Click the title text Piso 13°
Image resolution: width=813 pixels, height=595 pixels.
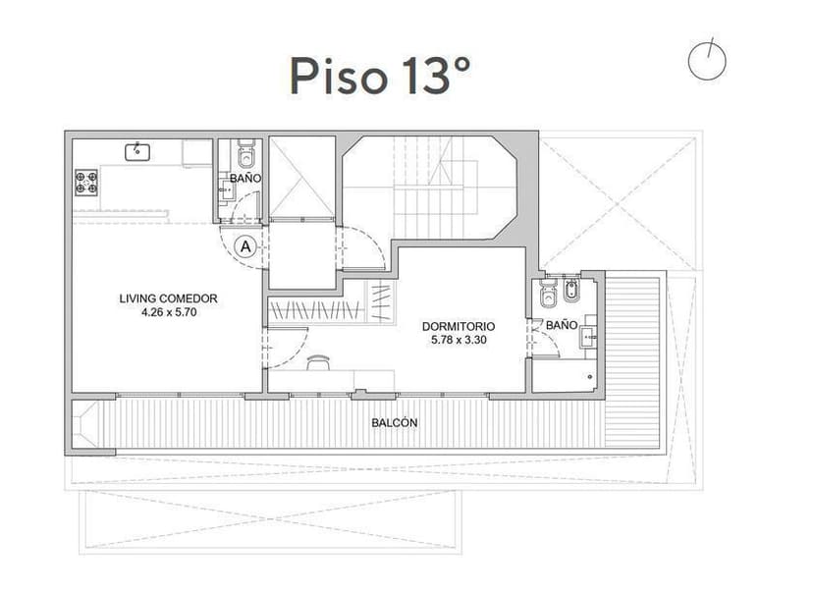[x=379, y=75]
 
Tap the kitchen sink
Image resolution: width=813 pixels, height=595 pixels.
[x=136, y=151]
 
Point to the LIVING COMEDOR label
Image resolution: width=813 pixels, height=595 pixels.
[x=168, y=298]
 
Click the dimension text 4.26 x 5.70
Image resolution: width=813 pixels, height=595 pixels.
[x=168, y=312]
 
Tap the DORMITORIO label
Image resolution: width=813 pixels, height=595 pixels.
[x=459, y=326]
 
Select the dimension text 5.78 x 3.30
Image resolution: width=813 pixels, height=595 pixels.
[x=459, y=340]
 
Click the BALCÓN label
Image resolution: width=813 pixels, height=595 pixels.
[x=395, y=423]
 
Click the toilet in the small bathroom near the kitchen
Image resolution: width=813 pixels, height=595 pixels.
[x=245, y=156]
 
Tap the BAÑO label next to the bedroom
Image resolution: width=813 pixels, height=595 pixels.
[x=561, y=324]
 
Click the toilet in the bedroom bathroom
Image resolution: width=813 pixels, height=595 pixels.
[x=548, y=293]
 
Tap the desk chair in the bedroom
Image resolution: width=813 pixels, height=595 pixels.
[x=316, y=363]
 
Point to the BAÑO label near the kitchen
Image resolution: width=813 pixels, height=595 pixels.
[x=245, y=179]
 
